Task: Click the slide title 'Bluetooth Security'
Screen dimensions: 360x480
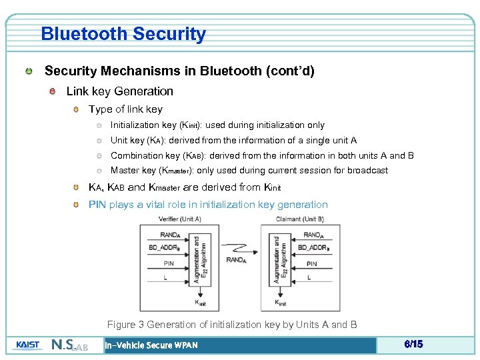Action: (x=123, y=34)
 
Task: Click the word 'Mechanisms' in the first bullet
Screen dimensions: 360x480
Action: (x=122, y=71)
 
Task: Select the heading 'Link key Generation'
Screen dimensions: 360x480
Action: (x=119, y=91)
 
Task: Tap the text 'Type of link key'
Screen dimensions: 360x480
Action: (x=125, y=109)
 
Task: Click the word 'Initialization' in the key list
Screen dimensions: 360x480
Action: (x=134, y=125)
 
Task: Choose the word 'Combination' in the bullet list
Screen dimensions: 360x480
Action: (x=136, y=155)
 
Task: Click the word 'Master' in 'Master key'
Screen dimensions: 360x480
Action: (x=124, y=171)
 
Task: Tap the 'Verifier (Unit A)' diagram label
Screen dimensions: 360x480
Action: (x=180, y=219)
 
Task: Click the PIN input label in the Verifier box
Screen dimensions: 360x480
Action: (x=169, y=263)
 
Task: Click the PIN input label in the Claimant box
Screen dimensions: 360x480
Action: (x=311, y=263)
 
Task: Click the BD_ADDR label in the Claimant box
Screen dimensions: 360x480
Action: (x=312, y=247)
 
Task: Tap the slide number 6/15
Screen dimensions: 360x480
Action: (x=413, y=344)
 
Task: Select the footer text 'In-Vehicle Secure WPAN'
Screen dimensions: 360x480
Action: (x=152, y=345)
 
